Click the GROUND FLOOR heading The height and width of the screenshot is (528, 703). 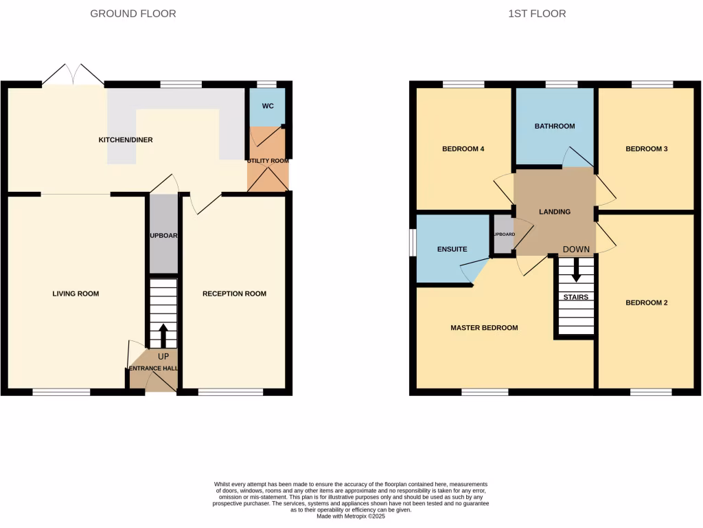click(x=133, y=14)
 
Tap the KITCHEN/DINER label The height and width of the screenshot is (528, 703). click(x=126, y=140)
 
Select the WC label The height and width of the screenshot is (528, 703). click(x=268, y=107)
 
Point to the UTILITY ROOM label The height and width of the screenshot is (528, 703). click(x=268, y=160)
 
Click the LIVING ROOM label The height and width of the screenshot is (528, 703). click(x=76, y=294)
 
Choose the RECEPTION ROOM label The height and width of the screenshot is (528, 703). click(x=234, y=294)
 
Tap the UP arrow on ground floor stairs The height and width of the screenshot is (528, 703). click(x=163, y=335)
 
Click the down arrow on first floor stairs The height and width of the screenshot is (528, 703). click(x=576, y=269)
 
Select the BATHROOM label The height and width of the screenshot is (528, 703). click(x=555, y=126)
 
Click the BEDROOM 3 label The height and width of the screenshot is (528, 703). click(x=646, y=148)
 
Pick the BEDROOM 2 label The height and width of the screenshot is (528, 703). click(x=646, y=302)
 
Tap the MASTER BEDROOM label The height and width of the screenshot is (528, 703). click(x=484, y=328)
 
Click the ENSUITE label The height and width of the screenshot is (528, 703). click(x=452, y=249)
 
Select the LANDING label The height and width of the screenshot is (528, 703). click(x=555, y=212)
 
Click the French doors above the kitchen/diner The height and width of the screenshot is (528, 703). click(x=73, y=75)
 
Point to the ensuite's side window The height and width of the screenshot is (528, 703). click(x=413, y=245)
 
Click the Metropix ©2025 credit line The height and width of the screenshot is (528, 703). click(x=351, y=516)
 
